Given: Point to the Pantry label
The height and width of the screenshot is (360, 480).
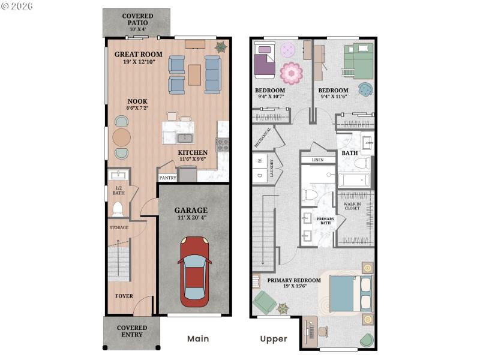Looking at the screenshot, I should pos(167,178).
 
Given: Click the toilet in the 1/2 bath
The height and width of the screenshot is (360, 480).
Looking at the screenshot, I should pos(118,209).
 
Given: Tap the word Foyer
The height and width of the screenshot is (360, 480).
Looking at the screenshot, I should pos(124,296).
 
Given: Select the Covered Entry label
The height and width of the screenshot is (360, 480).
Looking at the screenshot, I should pos(131,331).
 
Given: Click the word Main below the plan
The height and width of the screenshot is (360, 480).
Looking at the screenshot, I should pos(198,339).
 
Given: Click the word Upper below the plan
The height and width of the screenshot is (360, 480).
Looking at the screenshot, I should pos(274,339).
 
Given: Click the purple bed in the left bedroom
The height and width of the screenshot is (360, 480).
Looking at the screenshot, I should pos(265,62).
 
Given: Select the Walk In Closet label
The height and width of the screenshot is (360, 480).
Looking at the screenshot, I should pos(352,206).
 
